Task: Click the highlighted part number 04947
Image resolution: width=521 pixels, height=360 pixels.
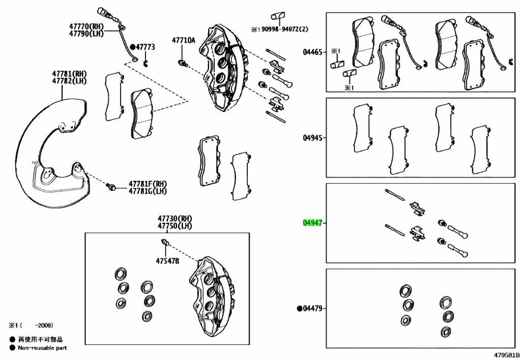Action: point(312,223)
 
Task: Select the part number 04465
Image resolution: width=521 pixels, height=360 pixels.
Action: point(312,52)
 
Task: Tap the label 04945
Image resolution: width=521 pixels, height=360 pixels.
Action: point(312,137)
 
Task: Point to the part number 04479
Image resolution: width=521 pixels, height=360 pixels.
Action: point(312,309)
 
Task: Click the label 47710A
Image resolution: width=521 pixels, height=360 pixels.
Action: point(183,41)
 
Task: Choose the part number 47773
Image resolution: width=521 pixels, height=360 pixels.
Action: point(145,47)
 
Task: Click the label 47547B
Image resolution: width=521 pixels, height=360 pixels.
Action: point(167,261)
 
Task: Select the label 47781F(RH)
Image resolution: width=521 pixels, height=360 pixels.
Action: point(148,184)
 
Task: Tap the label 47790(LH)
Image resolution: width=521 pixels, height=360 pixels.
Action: point(86,33)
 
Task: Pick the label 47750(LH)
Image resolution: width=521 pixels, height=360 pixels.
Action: point(175,226)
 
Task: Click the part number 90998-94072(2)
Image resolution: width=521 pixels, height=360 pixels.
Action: point(285,29)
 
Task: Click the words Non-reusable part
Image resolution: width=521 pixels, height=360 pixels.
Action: point(42,348)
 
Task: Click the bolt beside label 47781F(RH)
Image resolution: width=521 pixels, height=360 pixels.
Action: point(110,186)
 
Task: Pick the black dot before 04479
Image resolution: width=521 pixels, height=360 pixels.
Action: point(299,309)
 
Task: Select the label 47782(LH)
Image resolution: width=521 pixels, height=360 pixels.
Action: point(69,81)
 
